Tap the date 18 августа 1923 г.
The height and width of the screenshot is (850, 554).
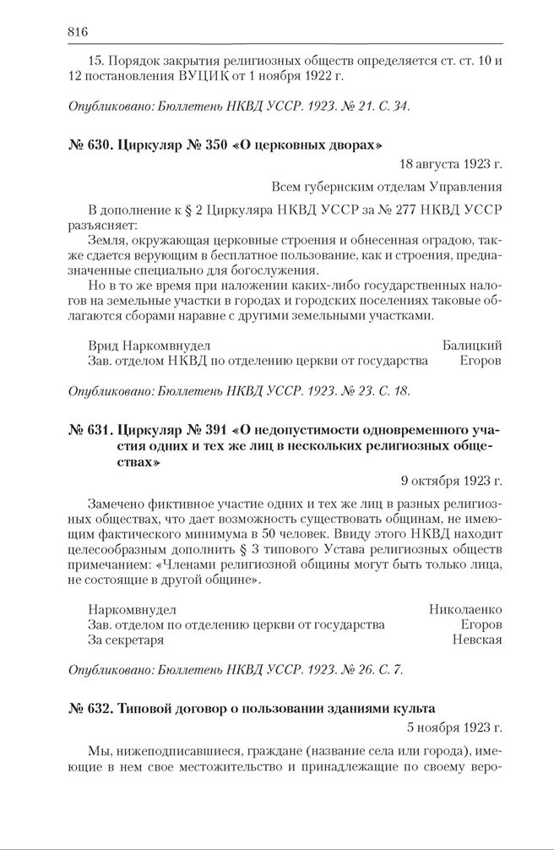pos(451,165)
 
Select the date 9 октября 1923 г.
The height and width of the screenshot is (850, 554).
pos(452,481)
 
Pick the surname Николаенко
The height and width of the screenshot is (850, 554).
pos(465,608)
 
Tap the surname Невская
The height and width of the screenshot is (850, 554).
pos(477,639)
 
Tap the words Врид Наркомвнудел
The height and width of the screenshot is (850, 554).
pos(149,345)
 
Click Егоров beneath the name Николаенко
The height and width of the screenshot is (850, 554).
pos(481,624)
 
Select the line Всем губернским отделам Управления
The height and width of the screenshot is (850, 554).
pos(387,187)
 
